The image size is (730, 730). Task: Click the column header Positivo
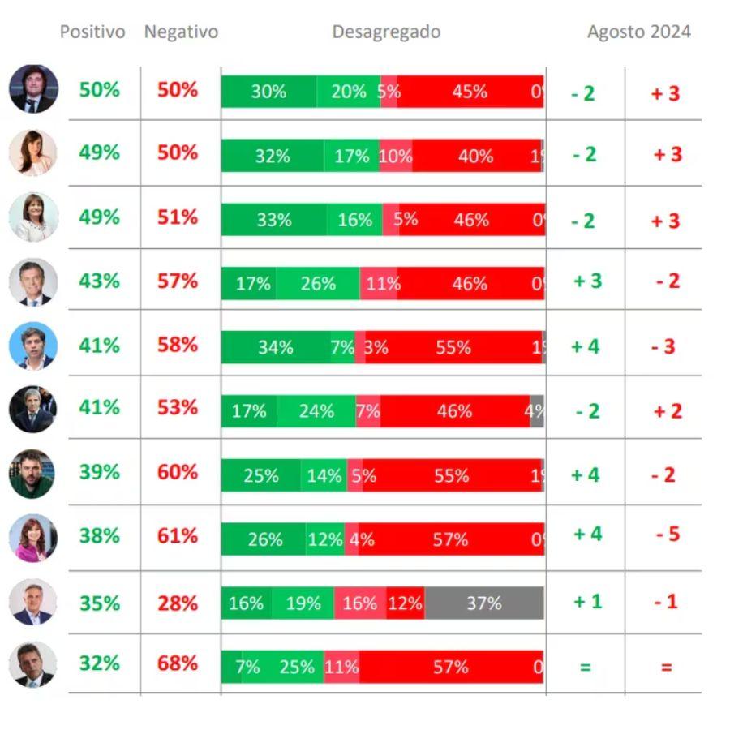coord(92,32)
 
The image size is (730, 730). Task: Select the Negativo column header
coord(181,32)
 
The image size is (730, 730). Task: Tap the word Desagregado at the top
coord(386,32)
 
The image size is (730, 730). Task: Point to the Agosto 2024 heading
coord(639,32)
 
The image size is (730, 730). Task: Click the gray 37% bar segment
coord(483,603)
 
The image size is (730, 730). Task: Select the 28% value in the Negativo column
coord(178,603)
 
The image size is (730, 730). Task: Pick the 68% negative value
coord(178,663)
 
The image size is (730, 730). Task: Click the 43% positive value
coord(99,281)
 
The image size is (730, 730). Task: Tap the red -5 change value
coord(668,535)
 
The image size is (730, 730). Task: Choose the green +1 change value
coord(587,602)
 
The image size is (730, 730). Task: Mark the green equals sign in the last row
coord(585,668)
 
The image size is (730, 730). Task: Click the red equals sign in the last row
coord(666,668)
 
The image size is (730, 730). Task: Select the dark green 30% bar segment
coord(268,92)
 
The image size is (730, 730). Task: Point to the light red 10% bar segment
coord(396,156)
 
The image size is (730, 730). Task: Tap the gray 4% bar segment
coord(536,411)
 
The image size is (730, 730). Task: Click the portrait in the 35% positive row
coord(33,602)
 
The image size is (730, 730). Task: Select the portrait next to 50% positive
coord(33,88)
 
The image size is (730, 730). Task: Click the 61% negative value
coord(178,535)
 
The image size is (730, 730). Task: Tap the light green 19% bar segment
coord(303,603)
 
